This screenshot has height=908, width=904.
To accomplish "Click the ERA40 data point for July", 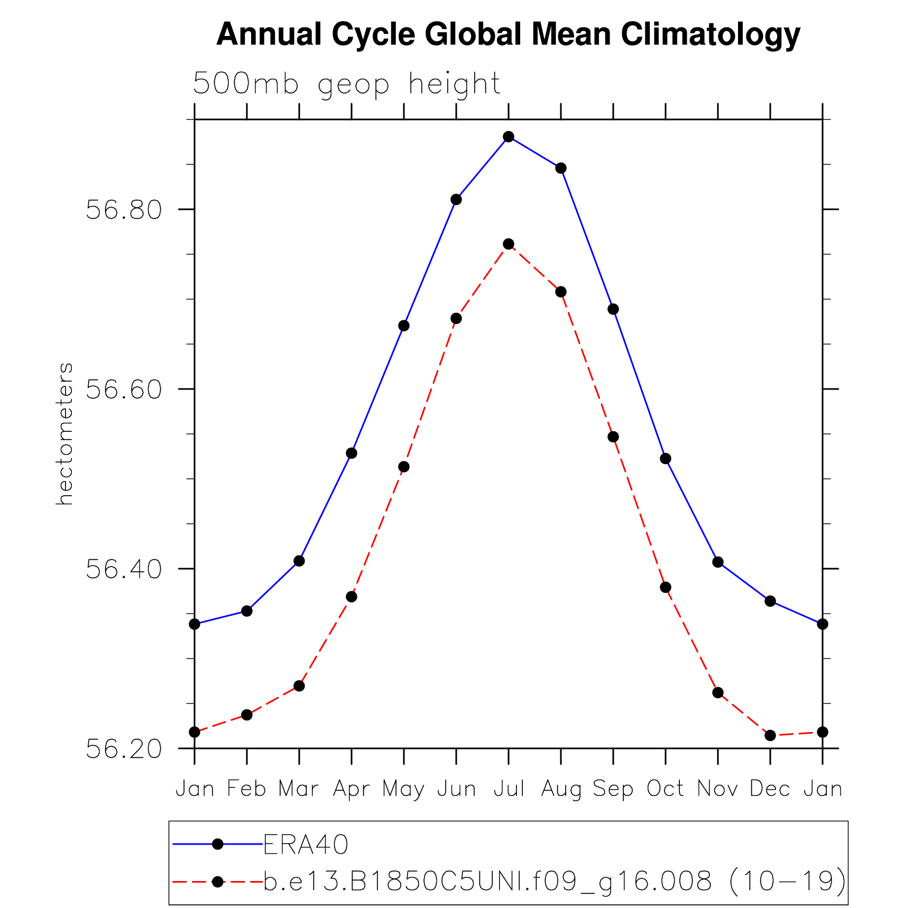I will click(x=509, y=137).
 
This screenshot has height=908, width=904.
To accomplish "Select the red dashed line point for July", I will click(x=509, y=244).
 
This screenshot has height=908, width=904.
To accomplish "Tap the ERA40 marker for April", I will click(x=352, y=453).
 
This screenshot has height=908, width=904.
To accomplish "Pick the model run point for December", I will click(x=770, y=735).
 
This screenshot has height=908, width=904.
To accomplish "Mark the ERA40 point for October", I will click(x=666, y=459).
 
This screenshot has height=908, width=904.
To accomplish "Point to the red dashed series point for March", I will click(x=299, y=686).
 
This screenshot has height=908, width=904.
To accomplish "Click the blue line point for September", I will click(x=613, y=309).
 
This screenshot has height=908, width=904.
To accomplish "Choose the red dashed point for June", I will click(x=456, y=319).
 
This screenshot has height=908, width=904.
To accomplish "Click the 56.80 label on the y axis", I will click(x=124, y=210).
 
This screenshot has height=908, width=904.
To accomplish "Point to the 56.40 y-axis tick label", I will click(x=124, y=569).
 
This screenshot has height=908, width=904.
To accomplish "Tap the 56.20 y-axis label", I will click(x=124, y=749).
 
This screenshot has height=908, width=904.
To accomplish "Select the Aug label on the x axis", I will click(x=561, y=789).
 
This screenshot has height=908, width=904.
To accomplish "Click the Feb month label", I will click(x=246, y=789).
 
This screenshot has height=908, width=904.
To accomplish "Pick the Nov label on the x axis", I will click(x=717, y=789).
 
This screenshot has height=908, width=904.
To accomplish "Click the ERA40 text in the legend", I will click(x=306, y=844).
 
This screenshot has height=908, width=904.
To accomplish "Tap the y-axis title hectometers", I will click(x=64, y=433).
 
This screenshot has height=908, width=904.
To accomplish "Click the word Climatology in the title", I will click(x=711, y=34).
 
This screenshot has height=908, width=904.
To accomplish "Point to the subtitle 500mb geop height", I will click(x=347, y=84).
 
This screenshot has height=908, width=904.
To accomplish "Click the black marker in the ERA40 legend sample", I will click(x=217, y=844).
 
